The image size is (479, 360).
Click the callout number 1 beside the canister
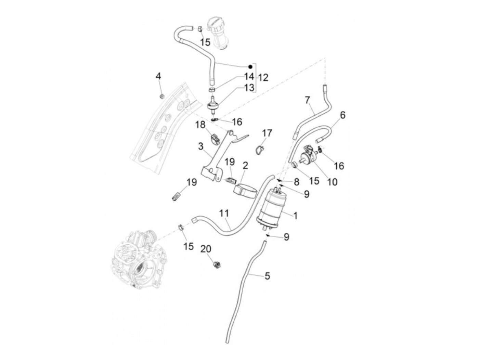tap(295, 216)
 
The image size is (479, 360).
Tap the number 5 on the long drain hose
tap(267, 276)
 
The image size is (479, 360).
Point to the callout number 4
tap(158, 76)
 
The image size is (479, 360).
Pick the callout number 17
tap(267, 133)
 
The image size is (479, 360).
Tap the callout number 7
tap(307, 100)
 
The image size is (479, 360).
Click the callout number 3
tap(201, 147)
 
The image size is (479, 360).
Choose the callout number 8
tap(296, 181)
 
